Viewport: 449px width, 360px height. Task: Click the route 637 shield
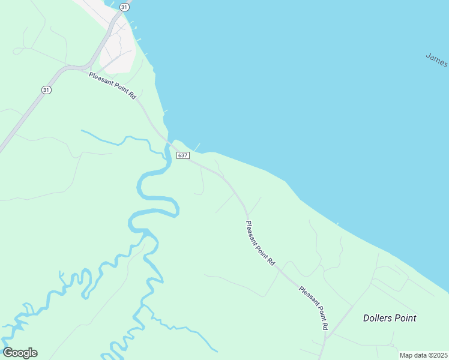[183, 155]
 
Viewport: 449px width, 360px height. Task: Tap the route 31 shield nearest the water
[123, 6]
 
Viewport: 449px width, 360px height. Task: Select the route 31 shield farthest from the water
[46, 89]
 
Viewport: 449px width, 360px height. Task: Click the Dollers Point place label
[390, 318]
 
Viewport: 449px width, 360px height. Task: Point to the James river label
[437, 60]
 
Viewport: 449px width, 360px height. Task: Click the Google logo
[20, 353]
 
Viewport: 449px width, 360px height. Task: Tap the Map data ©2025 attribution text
[423, 355]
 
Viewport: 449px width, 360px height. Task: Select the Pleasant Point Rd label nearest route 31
[113, 86]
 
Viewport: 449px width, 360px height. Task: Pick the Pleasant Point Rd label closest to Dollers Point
[313, 308]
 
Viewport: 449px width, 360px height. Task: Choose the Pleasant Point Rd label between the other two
[260, 243]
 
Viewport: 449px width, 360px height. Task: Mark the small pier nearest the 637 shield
[197, 147]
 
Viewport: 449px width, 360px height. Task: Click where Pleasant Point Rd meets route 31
[83, 68]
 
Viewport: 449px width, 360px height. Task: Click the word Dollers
[377, 318]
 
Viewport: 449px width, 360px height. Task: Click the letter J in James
[429, 56]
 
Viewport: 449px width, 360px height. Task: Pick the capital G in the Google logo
[7, 353]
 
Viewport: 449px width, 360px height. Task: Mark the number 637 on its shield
[183, 155]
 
